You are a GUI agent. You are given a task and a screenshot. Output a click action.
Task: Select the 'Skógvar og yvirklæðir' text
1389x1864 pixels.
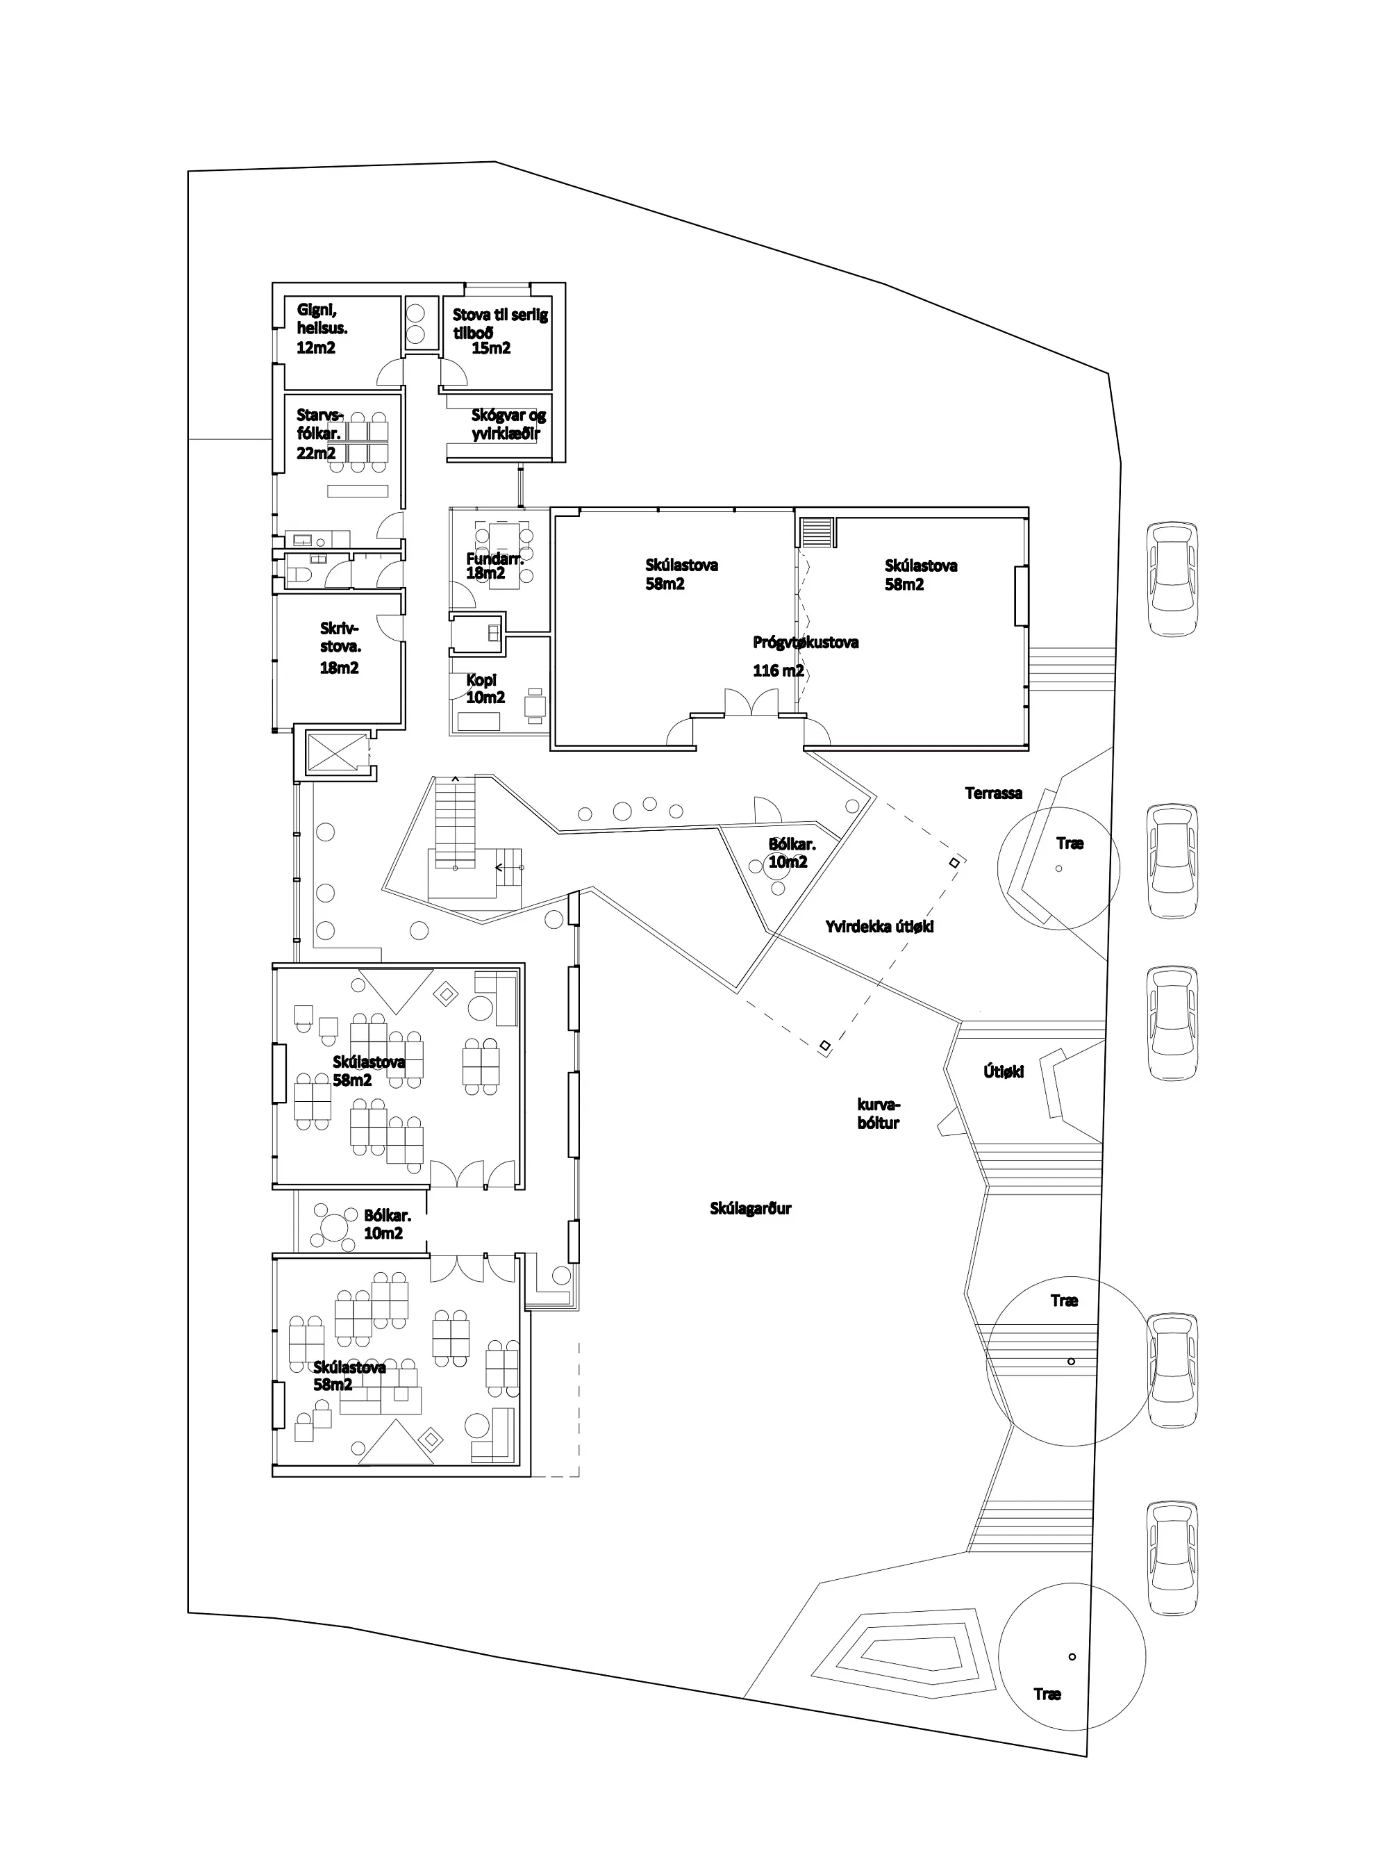508,424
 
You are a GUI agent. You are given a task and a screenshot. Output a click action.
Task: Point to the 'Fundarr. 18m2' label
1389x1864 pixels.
495,566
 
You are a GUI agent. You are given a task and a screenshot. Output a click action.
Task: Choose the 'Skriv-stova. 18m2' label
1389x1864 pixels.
340,648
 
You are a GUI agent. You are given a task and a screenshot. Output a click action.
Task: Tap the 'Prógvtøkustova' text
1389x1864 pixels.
806,643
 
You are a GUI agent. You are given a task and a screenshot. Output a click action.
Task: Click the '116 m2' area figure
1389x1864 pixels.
778,671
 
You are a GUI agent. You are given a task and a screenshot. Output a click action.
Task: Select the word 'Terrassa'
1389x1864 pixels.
994,793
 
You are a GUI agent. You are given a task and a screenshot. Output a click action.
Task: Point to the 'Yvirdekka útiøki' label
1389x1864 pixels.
879,926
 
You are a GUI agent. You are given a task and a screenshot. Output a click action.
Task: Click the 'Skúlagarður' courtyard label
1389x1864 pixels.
751,1209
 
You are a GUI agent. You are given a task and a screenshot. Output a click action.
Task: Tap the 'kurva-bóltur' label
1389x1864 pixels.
879,1114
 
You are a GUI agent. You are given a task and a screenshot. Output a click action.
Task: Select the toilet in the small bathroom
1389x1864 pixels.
301,575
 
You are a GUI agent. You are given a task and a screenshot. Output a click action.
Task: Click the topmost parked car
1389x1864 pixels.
1172,578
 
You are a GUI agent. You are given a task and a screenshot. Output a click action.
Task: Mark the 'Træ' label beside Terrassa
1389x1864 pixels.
1070,843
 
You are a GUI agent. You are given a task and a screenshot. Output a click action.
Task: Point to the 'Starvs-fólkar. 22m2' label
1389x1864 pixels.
320,434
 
